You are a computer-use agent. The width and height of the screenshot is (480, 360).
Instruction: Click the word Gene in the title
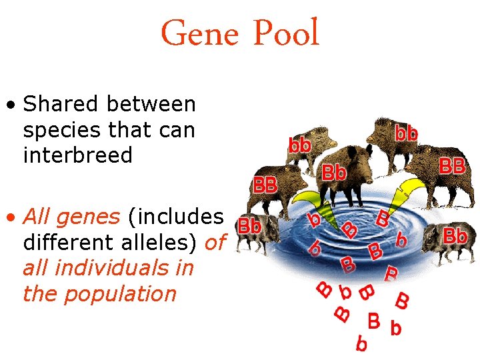[199, 33]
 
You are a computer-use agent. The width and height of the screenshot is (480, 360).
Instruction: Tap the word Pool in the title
[285, 33]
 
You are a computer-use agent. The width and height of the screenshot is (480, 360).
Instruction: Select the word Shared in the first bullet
[58, 105]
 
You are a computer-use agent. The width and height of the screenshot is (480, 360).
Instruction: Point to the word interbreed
[78, 155]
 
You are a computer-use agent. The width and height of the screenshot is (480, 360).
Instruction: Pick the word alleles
[164, 243]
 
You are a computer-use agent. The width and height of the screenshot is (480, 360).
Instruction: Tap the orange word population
[99, 294]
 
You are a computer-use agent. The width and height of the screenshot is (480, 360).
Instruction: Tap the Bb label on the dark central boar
[335, 173]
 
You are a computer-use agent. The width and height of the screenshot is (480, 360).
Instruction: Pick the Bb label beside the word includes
[249, 225]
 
